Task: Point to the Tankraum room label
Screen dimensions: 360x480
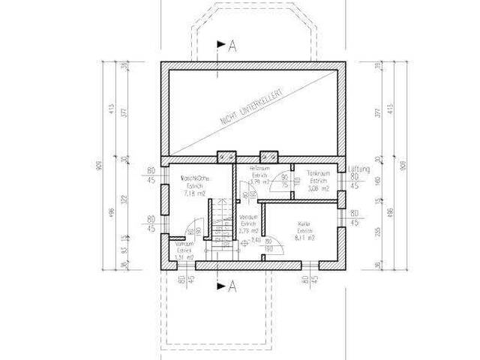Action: tap(319, 173)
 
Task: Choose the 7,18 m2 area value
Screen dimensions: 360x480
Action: tap(195, 193)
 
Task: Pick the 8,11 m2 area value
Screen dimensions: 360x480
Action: tap(304, 238)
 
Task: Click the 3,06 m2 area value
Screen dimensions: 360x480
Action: tap(319, 188)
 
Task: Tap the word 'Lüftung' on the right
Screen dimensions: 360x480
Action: tap(359, 170)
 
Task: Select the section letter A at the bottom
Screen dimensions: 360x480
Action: tap(232, 285)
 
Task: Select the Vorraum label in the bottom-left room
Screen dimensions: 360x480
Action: tap(184, 244)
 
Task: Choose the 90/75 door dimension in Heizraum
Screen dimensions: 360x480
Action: tap(283, 180)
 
